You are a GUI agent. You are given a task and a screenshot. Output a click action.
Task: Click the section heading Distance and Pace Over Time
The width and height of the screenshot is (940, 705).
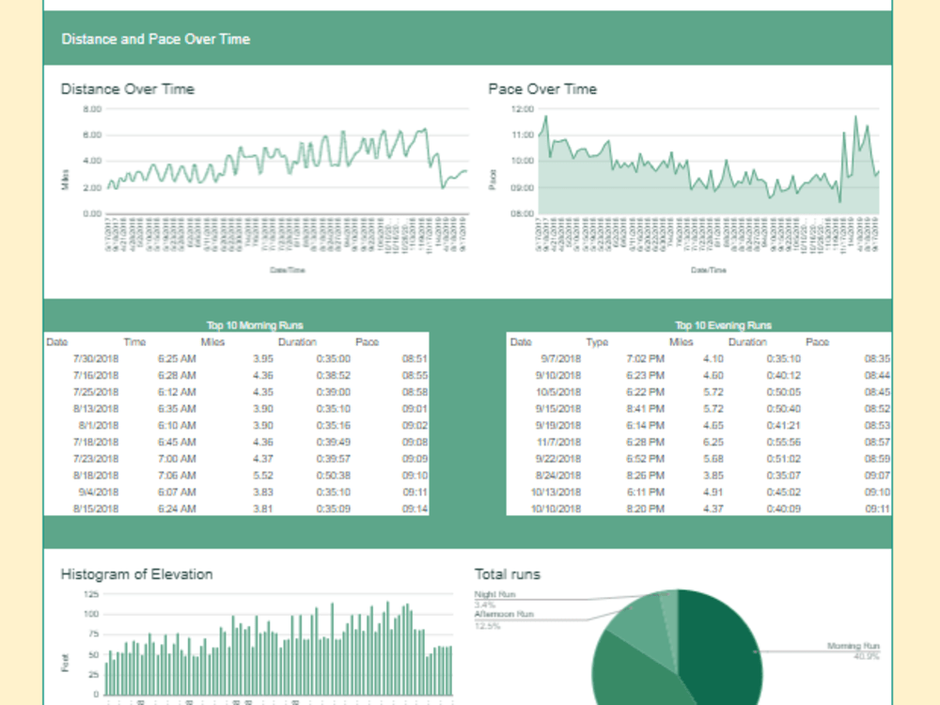[155, 39]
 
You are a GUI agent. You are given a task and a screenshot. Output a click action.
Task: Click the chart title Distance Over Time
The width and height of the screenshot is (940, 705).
[127, 89]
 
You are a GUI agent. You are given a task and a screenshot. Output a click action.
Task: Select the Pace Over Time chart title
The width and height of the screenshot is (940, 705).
[542, 89]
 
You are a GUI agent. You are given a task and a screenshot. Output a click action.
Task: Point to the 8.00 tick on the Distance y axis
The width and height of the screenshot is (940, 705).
[91, 109]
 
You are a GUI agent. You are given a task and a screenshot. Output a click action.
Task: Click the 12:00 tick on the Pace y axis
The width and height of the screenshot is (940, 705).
[522, 109]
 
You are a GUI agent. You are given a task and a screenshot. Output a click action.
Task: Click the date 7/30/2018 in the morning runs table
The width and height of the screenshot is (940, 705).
[96, 358]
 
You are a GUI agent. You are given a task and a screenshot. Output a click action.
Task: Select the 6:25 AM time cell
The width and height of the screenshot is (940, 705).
[176, 358]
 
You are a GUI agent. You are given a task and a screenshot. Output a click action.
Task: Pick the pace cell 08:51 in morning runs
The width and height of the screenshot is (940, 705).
[415, 358]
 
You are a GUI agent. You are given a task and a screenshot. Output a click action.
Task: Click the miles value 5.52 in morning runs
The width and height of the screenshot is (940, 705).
[262, 476]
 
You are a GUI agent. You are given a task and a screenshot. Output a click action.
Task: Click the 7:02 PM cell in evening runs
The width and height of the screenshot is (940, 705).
[645, 358]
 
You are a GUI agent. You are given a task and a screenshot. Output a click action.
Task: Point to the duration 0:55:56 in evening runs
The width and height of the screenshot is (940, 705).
[783, 442]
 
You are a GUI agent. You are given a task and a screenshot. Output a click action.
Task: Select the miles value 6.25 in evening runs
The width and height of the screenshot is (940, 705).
[713, 442]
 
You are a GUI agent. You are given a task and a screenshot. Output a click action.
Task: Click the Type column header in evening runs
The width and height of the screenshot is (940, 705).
[597, 342]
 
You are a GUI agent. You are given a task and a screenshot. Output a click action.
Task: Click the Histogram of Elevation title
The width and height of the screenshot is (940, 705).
[136, 574]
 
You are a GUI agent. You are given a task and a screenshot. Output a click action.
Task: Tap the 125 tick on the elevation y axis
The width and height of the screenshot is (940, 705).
[91, 594]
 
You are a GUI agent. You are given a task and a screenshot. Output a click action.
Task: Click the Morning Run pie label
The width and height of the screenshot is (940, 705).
[853, 647]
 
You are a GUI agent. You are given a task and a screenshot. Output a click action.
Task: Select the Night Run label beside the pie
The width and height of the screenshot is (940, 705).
[494, 595]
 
